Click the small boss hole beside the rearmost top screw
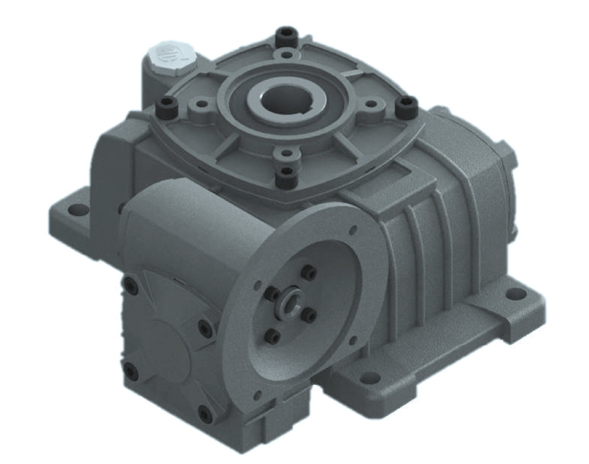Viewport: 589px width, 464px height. (x=286, y=55)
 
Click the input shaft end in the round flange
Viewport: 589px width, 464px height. (x=289, y=303)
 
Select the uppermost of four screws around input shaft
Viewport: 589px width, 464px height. (x=310, y=273)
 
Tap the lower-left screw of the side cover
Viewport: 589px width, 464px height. (x=131, y=372)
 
